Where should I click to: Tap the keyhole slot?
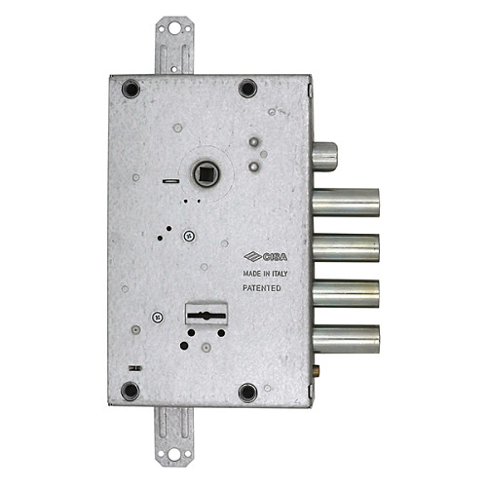(206, 316)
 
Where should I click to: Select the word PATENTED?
(261, 289)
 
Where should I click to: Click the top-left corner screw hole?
(131, 89)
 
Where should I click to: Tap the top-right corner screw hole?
(247, 89)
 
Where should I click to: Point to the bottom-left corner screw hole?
(131, 392)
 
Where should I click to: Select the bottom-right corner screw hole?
(247, 392)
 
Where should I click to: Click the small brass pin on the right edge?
(317, 371)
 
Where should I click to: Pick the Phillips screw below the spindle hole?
(190, 234)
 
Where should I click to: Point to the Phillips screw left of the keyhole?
(156, 317)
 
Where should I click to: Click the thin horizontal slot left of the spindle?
(170, 180)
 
